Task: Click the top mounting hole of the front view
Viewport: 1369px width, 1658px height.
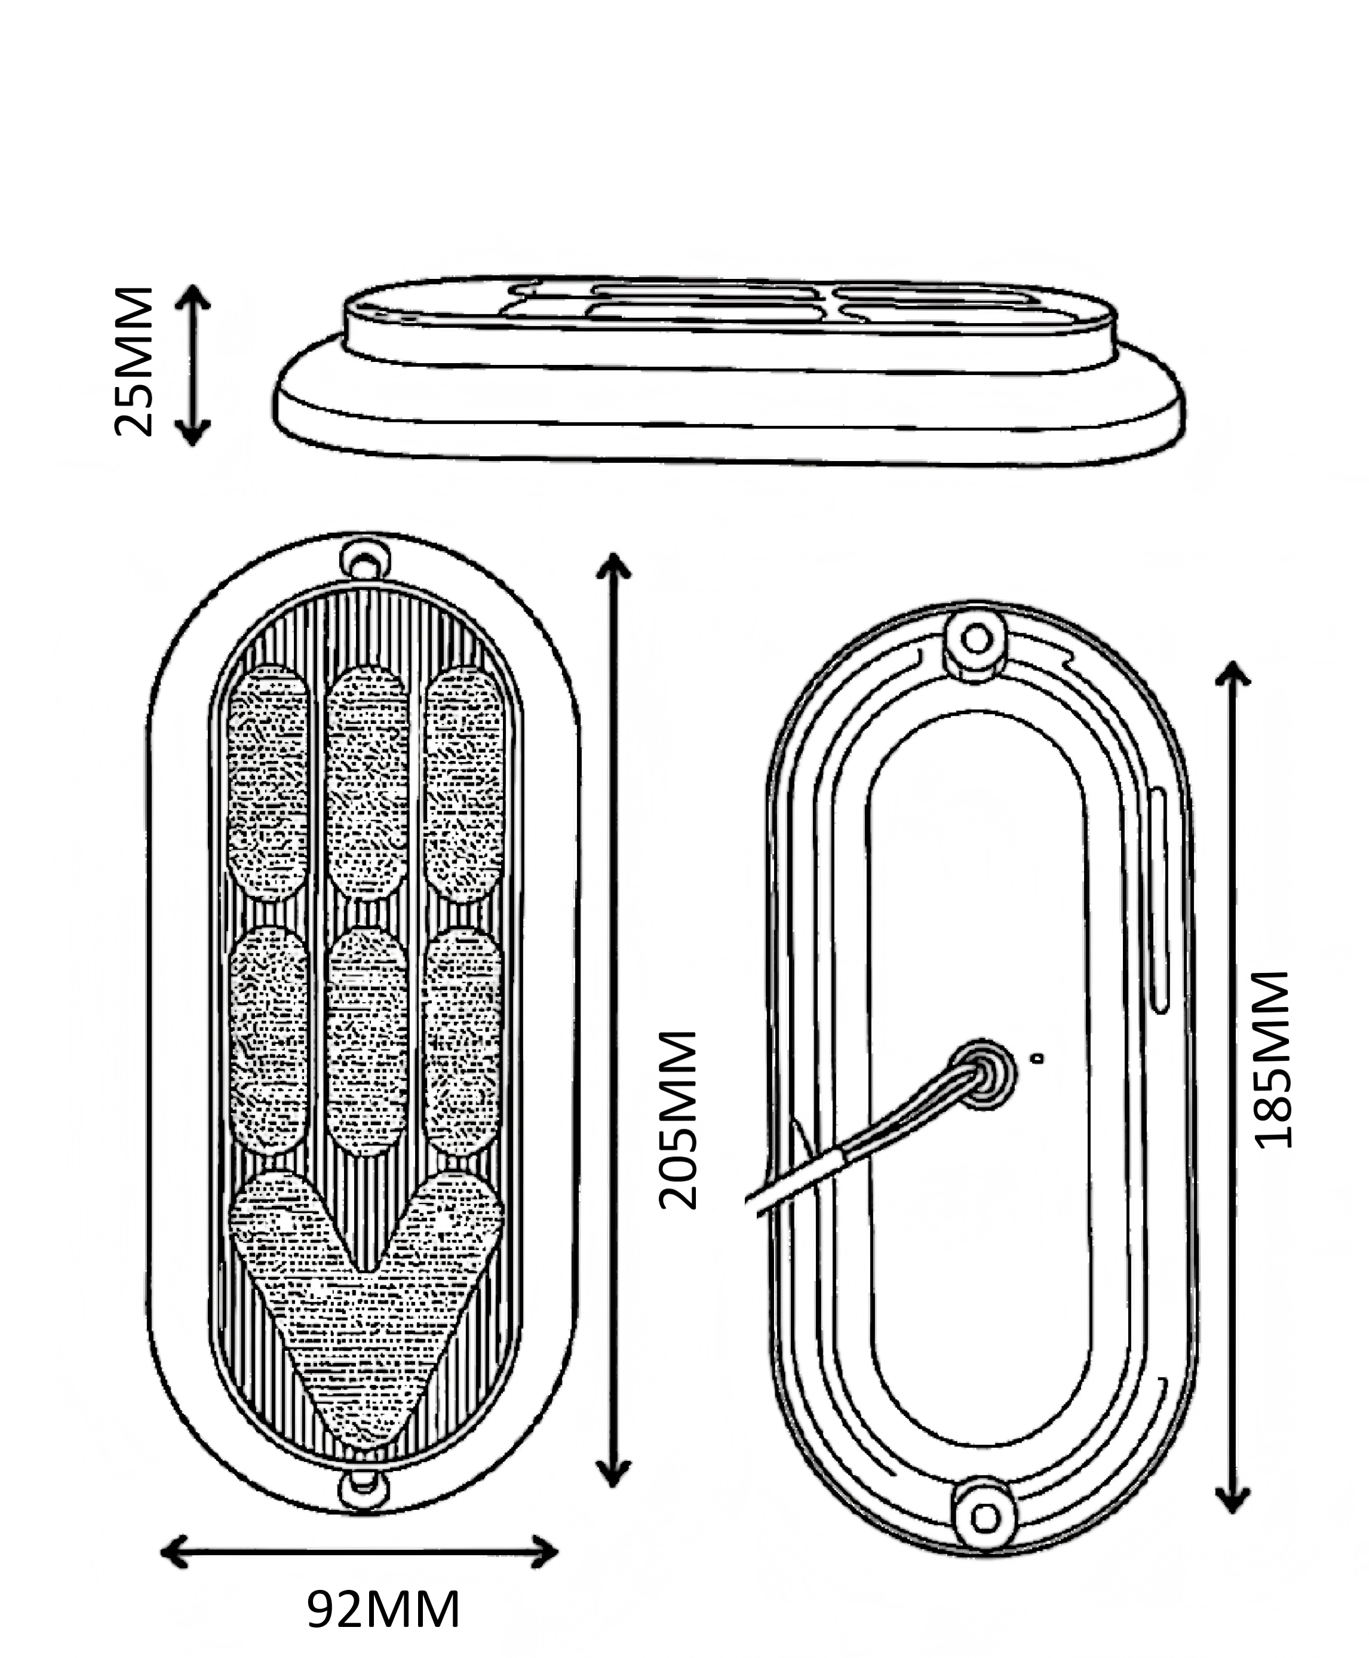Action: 364,563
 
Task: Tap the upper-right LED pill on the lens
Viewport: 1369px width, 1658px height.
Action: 464,784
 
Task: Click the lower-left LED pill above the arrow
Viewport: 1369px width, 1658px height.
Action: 268,1040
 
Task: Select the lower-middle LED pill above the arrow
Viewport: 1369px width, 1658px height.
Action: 367,1040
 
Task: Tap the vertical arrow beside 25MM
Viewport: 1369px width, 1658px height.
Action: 192,365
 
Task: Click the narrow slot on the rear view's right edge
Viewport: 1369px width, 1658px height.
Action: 1159,899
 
